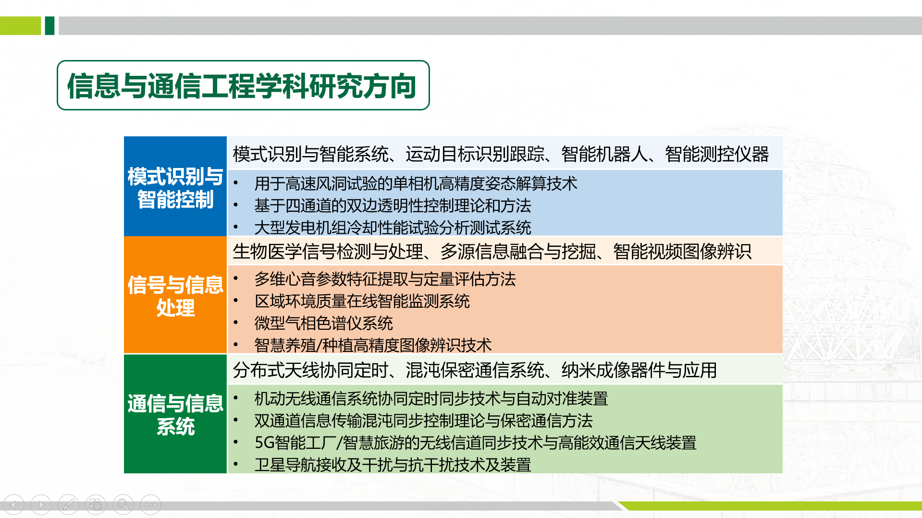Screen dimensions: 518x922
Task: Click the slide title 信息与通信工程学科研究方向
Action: (x=242, y=86)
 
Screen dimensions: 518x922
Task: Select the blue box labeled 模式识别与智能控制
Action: (x=175, y=187)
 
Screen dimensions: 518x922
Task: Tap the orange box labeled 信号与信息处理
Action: (x=175, y=296)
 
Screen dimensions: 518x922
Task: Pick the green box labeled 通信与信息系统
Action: (x=175, y=414)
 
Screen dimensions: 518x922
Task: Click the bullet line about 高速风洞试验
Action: (x=415, y=183)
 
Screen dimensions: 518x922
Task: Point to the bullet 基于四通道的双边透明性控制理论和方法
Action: (x=392, y=205)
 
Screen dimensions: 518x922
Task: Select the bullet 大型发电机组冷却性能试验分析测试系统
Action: (x=392, y=228)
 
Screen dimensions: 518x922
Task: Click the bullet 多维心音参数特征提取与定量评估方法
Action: (x=384, y=279)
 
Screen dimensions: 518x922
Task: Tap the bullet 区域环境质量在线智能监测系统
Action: (x=361, y=301)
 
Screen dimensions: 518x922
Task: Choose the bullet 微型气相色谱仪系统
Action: (x=323, y=323)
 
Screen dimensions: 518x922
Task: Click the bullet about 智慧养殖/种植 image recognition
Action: (x=373, y=345)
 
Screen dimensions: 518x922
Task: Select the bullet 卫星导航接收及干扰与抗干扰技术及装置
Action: (x=392, y=465)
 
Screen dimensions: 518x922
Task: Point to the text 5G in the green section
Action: (x=264, y=443)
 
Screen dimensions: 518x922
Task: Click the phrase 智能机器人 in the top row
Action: (x=604, y=154)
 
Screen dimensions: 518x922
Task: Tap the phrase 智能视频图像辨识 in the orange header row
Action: (x=682, y=252)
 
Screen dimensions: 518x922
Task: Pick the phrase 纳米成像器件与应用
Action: (x=639, y=370)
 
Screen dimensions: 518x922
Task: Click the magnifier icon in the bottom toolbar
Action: (x=123, y=505)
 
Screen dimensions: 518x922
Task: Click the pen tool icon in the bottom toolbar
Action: (x=68, y=505)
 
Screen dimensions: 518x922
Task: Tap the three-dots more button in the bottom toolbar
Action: (x=150, y=505)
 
